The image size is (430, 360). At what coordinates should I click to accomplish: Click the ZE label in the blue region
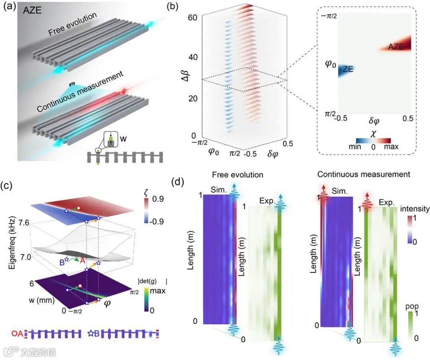click(x=347, y=69)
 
